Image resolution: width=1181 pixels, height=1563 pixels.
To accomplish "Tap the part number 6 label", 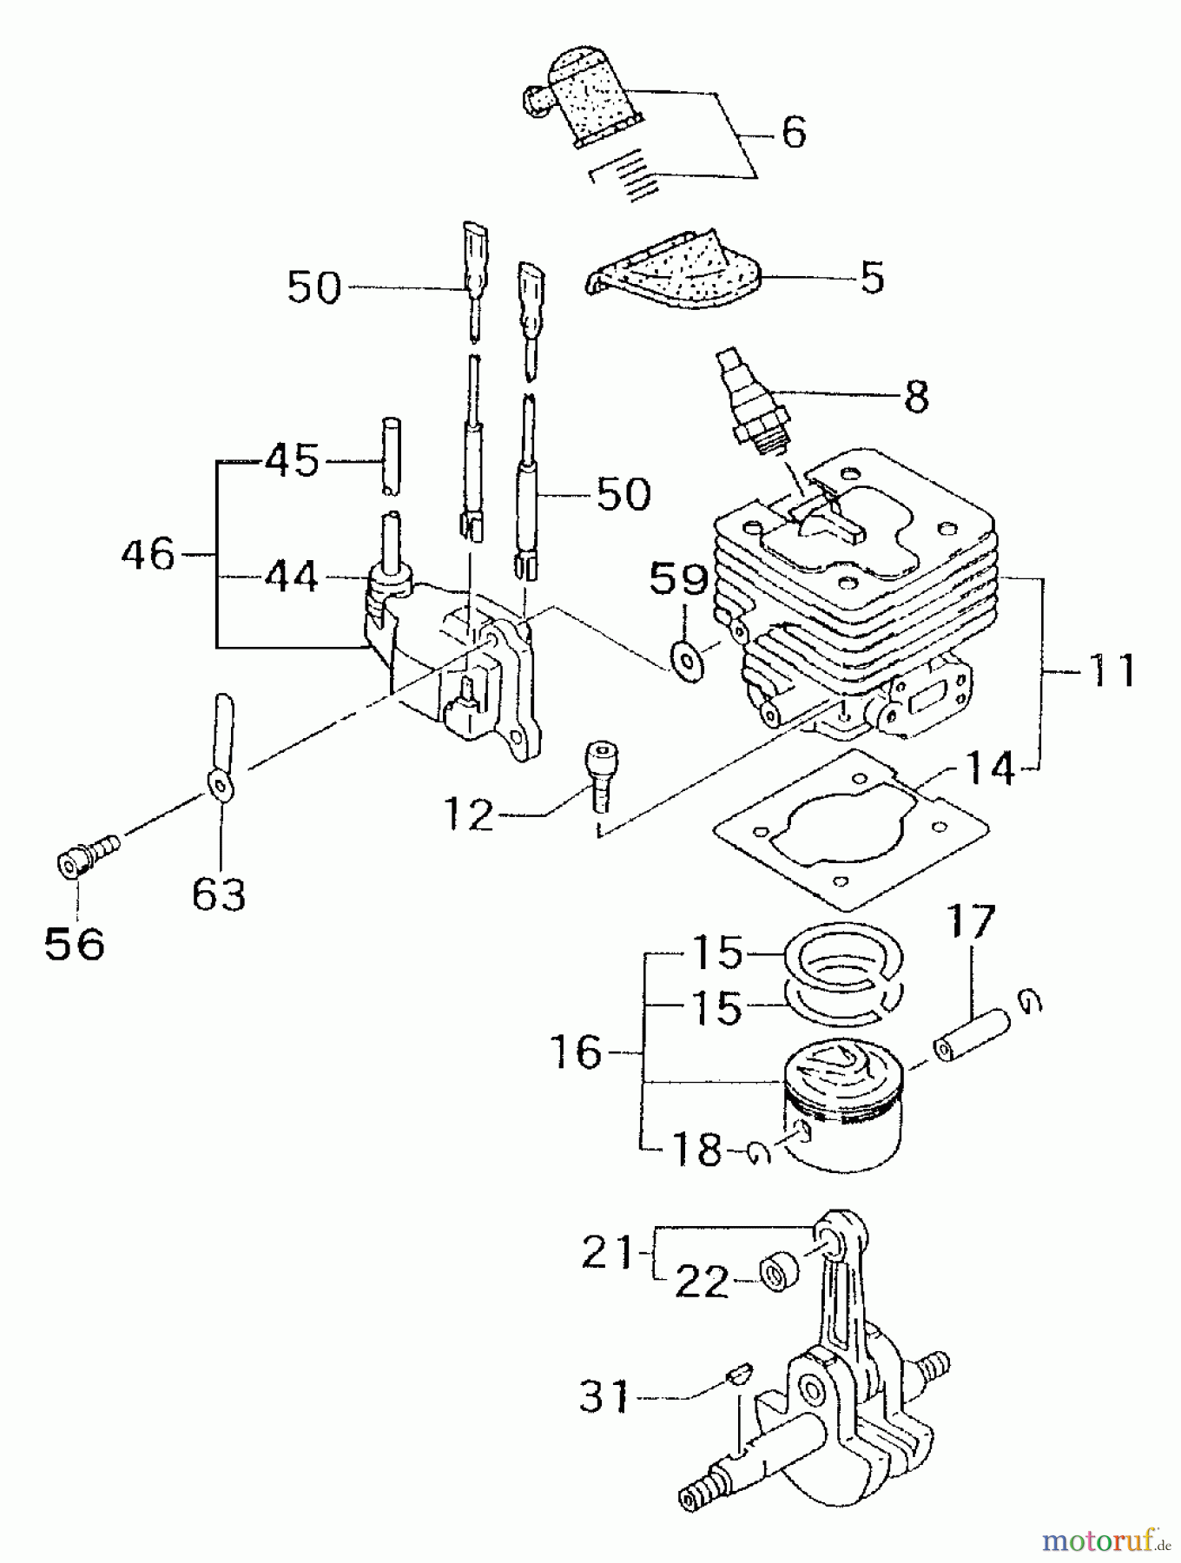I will pyautogui.click(x=794, y=133).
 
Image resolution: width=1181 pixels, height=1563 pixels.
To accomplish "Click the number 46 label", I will pyautogui.click(x=148, y=554).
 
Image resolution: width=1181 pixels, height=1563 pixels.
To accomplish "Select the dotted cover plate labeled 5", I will pyautogui.click(x=673, y=274).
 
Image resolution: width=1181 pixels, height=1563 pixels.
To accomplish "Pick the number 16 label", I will pyautogui.click(x=577, y=1053).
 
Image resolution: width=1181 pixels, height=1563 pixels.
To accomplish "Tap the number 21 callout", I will pyautogui.click(x=608, y=1253).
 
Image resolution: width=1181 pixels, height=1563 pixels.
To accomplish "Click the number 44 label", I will pyautogui.click(x=290, y=577).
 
